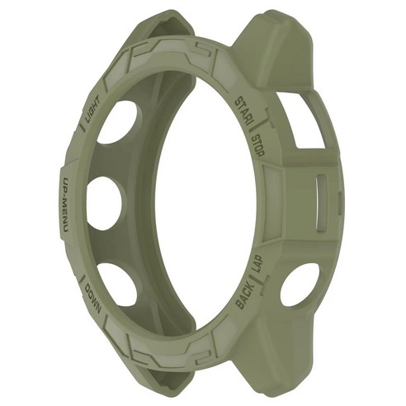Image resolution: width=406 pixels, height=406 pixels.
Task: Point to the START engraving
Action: tap(243, 112)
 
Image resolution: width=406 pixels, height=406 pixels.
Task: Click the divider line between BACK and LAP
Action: tap(255, 281)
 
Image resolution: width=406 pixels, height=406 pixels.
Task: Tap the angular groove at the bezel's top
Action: tap(164, 51)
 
